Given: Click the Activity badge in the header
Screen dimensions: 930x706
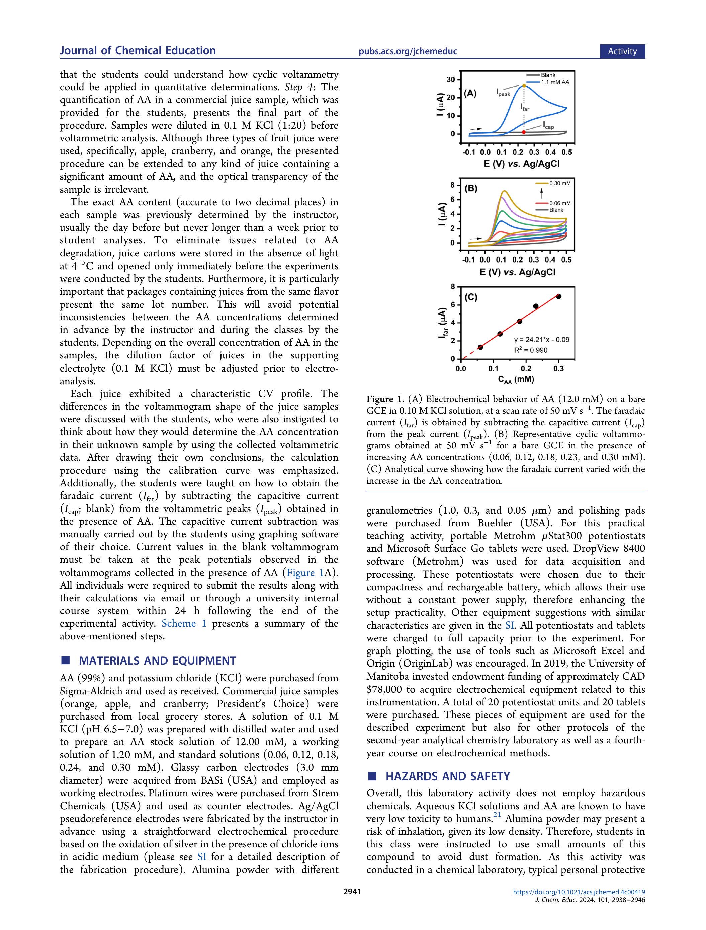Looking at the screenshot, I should point(622,51).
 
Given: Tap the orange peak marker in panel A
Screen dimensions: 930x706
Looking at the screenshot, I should point(524,85).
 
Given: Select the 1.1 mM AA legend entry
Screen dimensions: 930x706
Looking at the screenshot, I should point(554,82).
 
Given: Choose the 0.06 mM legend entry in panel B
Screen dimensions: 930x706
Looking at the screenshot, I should point(559,203).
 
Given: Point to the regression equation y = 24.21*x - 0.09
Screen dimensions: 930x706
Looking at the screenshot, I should point(541,339).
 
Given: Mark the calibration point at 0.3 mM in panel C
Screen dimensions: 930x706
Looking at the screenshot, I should point(559,296).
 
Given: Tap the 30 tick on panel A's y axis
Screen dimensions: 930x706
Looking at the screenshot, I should point(450,80).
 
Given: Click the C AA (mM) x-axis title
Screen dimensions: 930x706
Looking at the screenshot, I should point(516,379).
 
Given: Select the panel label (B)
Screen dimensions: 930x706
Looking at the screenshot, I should point(471,188).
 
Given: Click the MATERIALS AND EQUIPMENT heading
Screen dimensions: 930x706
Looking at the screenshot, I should point(157,661).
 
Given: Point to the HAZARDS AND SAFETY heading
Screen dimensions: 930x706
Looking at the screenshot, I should point(448,776).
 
